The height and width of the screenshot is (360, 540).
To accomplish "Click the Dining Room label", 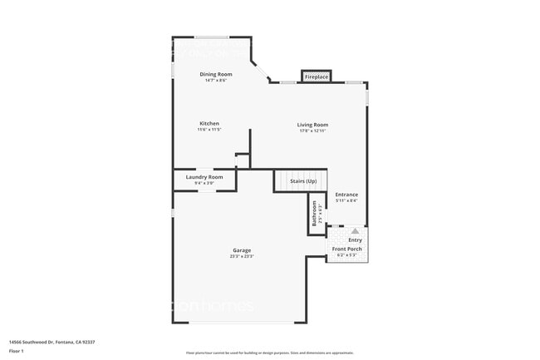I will pyautogui.click(x=215, y=74).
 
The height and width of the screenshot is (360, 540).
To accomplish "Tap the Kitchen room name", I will pyautogui.click(x=209, y=123).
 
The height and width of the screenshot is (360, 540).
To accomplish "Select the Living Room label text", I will pyautogui.click(x=313, y=125).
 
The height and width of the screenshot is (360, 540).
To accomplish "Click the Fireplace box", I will pyautogui.click(x=316, y=76).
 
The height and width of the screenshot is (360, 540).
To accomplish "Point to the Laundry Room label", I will pyautogui.click(x=204, y=176).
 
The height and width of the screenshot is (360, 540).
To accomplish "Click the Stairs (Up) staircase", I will pyautogui.click(x=302, y=180).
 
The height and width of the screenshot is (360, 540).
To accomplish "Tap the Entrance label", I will pyautogui.click(x=346, y=195).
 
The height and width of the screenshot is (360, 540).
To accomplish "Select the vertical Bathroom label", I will pyautogui.click(x=314, y=215).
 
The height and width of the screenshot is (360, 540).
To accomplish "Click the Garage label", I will pyautogui.click(x=242, y=250).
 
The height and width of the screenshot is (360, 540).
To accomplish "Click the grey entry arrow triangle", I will pyautogui.click(x=355, y=231).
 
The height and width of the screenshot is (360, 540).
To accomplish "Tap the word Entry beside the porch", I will pyautogui.click(x=355, y=240).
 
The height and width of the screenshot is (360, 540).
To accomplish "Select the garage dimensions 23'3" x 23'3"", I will pyautogui.click(x=242, y=256).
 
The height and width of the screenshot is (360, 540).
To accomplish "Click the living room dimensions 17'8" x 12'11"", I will pyautogui.click(x=313, y=131).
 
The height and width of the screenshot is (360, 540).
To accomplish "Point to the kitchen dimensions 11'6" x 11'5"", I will pyautogui.click(x=209, y=129).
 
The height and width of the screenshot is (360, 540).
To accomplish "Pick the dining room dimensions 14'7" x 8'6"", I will pyautogui.click(x=215, y=80).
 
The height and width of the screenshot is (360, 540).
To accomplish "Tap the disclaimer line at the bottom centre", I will pyautogui.click(x=270, y=353).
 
